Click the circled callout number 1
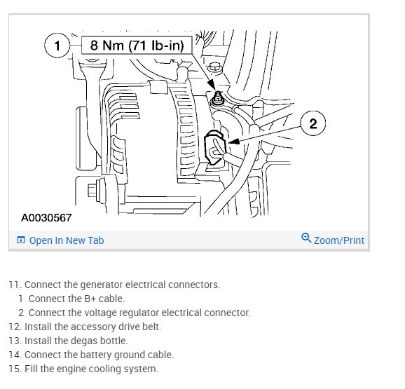pyautogui.click(x=57, y=46)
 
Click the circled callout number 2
pyautogui.click(x=313, y=123)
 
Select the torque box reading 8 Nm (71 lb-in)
pyautogui.click(x=137, y=46)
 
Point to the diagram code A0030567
pyautogui.click(x=46, y=218)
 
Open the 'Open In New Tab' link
pyautogui.click(x=67, y=240)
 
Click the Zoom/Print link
pyautogui.click(x=339, y=240)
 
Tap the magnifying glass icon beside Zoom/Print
pyautogui.click(x=306, y=238)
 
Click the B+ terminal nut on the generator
pyautogui.click(x=218, y=100)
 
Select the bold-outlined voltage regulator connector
pyautogui.click(x=214, y=147)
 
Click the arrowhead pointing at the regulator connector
pyautogui.click(x=234, y=142)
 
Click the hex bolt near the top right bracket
pyautogui.click(x=214, y=67)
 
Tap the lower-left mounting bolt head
pyautogui.click(x=93, y=191)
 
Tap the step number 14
pyautogui.click(x=15, y=355)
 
